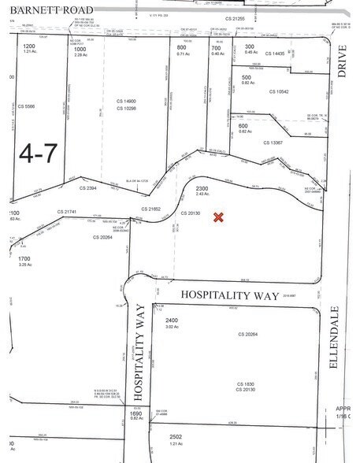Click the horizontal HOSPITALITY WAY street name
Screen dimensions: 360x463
click(x=230, y=294)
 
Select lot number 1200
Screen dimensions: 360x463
click(x=29, y=47)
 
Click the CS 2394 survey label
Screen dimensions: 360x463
click(x=88, y=188)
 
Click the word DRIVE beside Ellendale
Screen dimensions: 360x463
click(x=342, y=81)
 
